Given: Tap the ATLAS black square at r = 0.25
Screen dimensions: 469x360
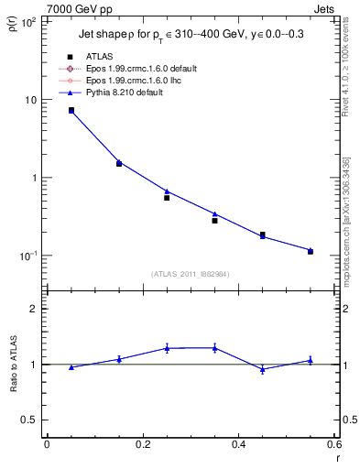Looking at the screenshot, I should point(167,198).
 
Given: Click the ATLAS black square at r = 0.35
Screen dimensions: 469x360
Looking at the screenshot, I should point(214,221).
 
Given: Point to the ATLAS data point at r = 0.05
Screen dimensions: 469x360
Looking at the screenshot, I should point(71,110).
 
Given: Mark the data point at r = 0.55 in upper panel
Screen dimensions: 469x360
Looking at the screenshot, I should point(311,251).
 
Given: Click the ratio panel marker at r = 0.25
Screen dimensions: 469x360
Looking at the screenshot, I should point(167,348).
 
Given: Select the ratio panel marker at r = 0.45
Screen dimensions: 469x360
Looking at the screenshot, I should point(263,369).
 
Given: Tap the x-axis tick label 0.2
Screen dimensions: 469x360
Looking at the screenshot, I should point(142,444).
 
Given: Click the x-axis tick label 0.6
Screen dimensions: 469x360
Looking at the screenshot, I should point(333,444).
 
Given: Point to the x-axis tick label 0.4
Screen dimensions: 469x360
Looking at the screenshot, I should point(238,444).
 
